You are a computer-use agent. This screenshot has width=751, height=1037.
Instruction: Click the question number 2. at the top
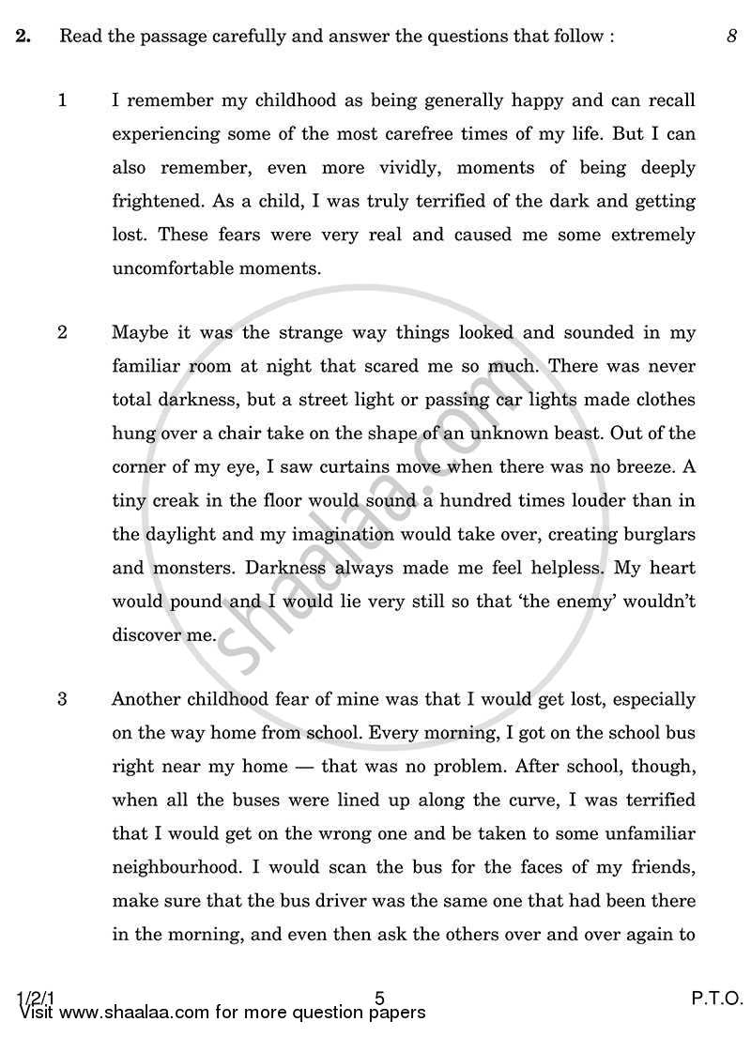(24, 38)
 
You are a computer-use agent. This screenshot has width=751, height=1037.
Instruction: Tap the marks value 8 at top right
(730, 38)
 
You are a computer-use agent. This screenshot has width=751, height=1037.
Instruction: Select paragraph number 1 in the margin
(63, 100)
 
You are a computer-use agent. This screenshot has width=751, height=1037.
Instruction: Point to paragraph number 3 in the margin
(63, 699)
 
